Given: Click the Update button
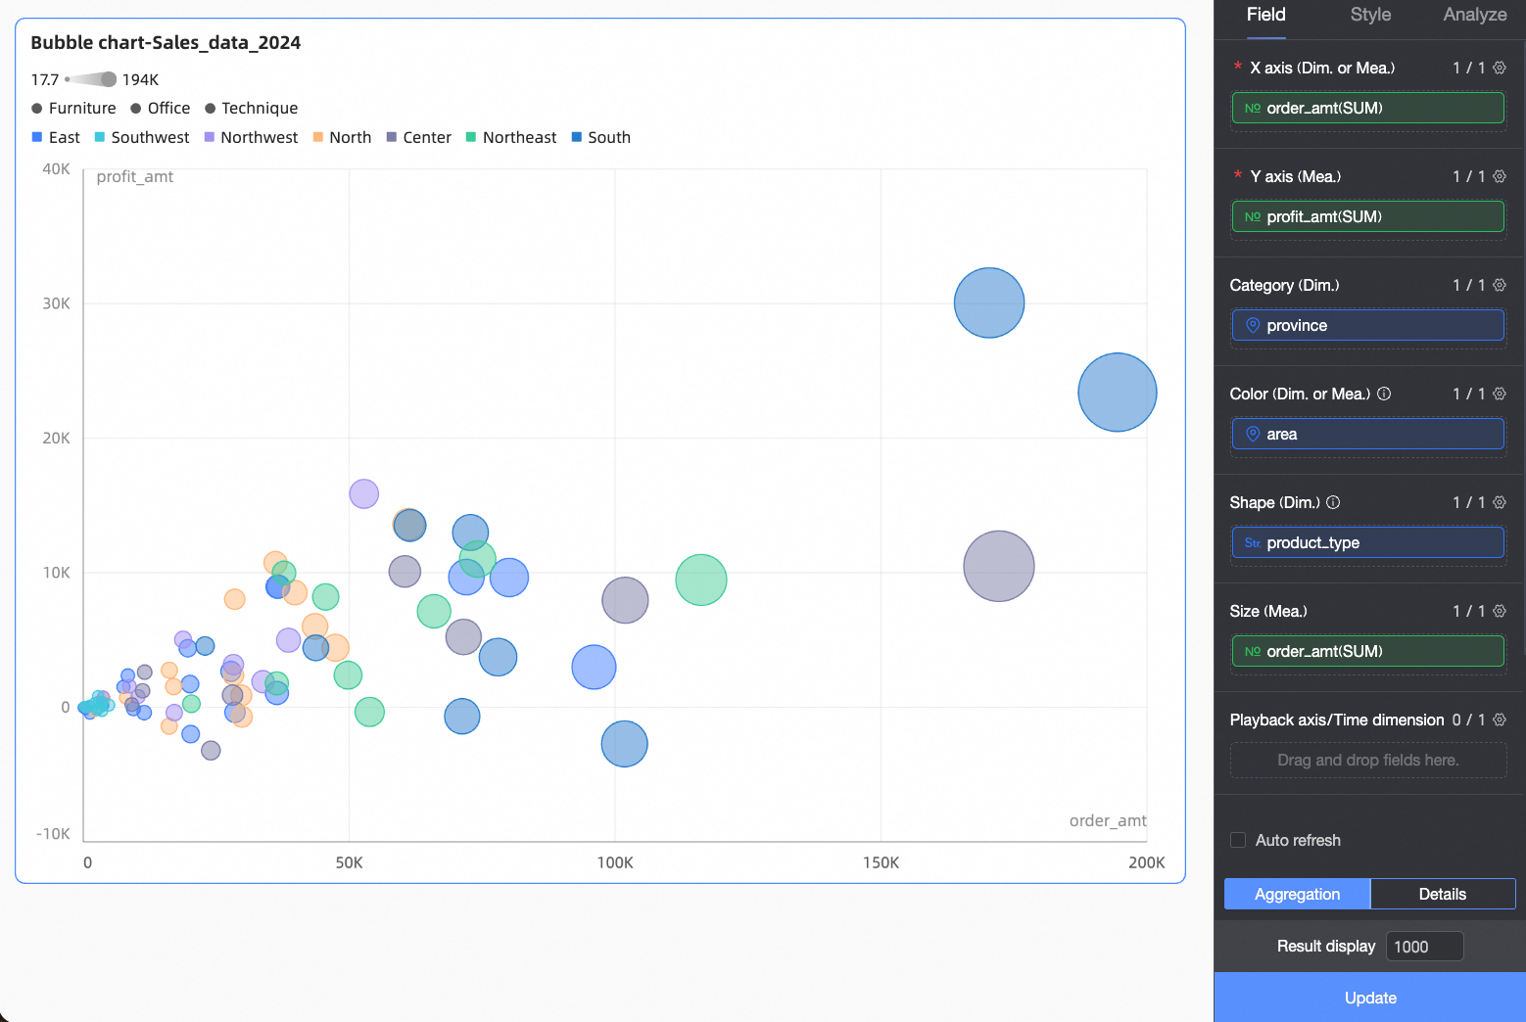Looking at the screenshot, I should pos(1369,998).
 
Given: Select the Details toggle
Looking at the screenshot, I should pos(1442,894).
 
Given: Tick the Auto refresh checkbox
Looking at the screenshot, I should pos(1238,840).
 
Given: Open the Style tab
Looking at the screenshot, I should pos(1370,15).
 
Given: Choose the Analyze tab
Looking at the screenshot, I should pos(1474,15).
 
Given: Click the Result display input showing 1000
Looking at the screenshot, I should pos(1424,947).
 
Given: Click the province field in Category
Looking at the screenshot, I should pos(1367,325).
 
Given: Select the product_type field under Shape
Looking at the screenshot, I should pos(1367,542).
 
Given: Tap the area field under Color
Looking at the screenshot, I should pos(1367,434).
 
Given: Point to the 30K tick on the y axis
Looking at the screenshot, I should pos(56,303).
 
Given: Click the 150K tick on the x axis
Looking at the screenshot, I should pos(881,862).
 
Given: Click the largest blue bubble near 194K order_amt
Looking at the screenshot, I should pos(1117,393).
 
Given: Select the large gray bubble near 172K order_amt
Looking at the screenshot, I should pos(998,566).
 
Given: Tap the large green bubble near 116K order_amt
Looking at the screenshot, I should pos(700,580).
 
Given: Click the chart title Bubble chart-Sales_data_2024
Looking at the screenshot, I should pos(166,42).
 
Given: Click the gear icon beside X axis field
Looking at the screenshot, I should pos(1499,68).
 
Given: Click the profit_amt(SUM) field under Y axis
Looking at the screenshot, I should pos(1367,216).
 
